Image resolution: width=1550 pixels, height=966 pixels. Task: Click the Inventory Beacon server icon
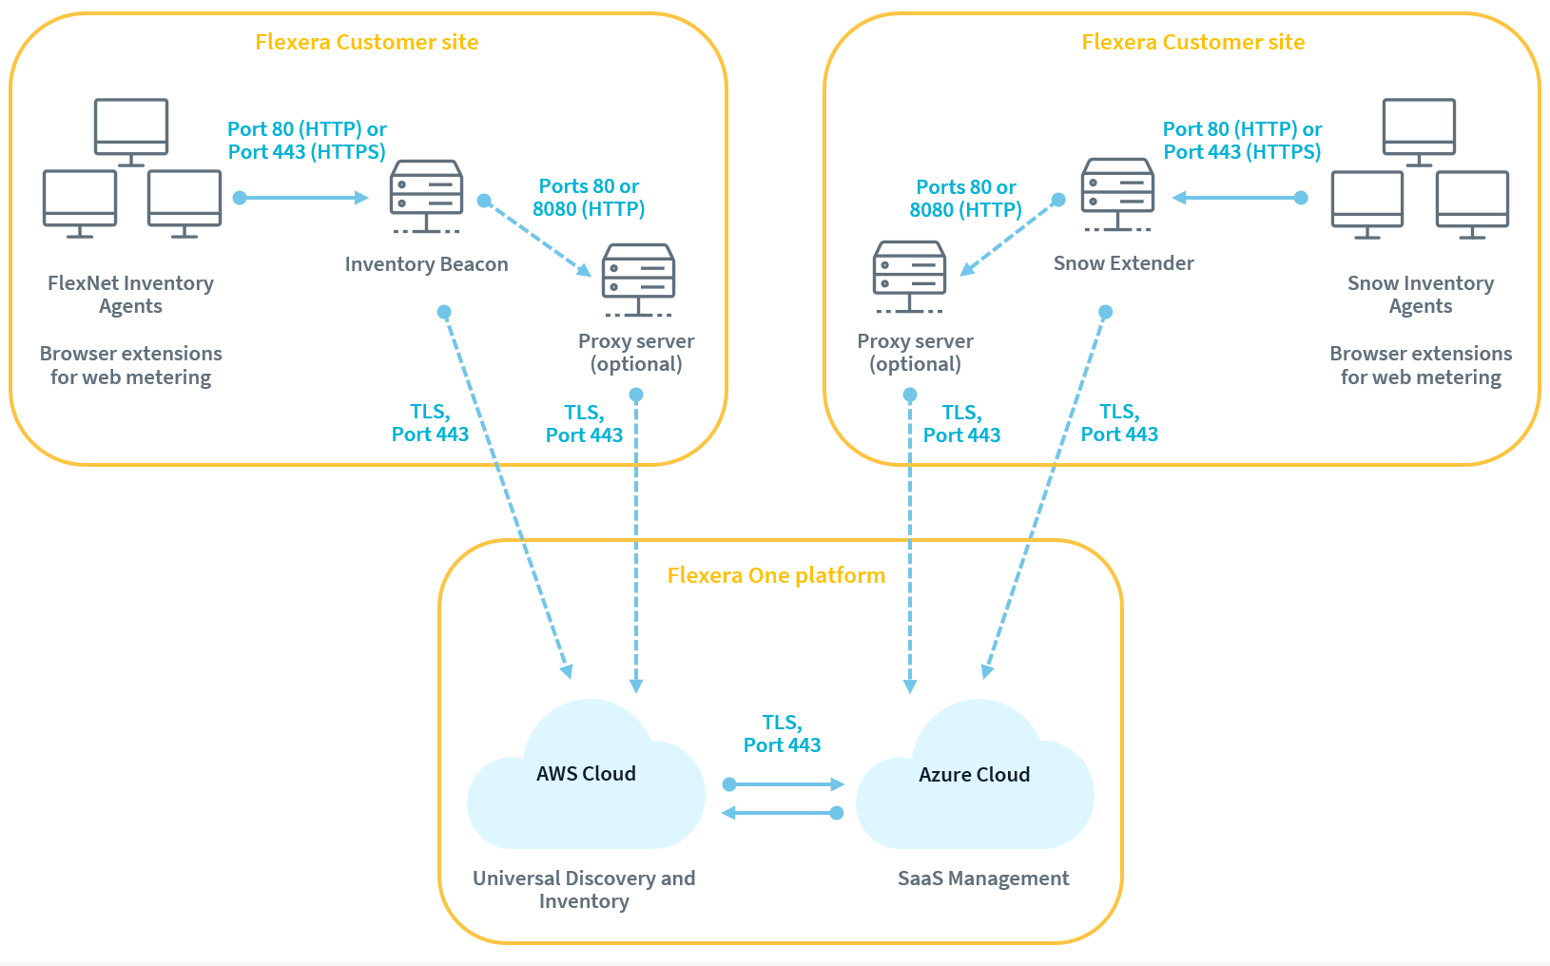(x=426, y=195)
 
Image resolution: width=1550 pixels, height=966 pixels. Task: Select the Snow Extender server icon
(x=1117, y=194)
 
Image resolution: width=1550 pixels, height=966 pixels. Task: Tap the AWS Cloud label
(x=586, y=774)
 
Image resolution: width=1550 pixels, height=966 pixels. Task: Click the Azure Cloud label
(x=974, y=775)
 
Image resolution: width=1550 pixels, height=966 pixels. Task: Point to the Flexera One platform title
(x=776, y=575)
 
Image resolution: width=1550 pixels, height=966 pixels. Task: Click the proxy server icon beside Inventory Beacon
(x=638, y=279)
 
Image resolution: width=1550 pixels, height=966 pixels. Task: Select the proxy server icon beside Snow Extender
(x=909, y=276)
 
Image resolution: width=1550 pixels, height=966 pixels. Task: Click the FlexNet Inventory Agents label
(x=130, y=295)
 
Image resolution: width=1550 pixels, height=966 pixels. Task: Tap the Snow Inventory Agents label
(x=1420, y=295)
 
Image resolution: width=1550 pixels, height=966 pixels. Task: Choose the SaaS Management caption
(x=983, y=879)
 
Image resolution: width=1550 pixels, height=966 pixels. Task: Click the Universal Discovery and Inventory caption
(x=584, y=890)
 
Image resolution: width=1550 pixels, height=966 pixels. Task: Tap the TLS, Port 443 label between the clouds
(x=782, y=734)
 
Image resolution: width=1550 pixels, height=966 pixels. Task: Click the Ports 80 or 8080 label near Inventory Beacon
(x=589, y=198)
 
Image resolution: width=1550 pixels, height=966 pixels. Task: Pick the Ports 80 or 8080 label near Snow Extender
(x=965, y=199)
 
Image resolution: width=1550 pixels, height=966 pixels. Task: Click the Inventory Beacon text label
(x=426, y=264)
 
